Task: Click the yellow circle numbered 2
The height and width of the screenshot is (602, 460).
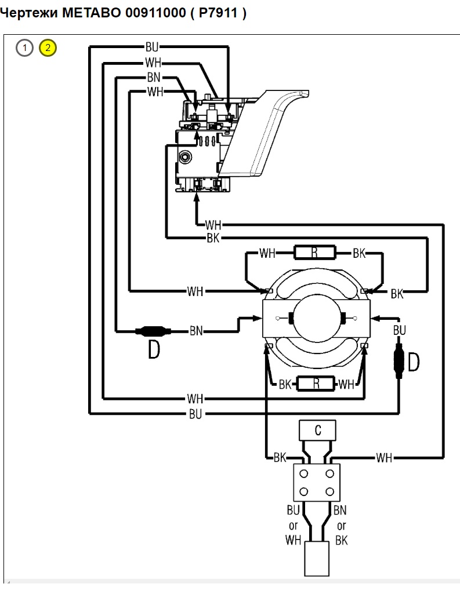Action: pyautogui.click(x=48, y=48)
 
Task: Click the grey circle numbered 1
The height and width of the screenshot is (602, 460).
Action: pyautogui.click(x=24, y=48)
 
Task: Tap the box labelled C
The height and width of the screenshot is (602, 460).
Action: pyautogui.click(x=317, y=430)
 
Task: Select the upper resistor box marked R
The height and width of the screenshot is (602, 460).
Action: pyautogui.click(x=314, y=253)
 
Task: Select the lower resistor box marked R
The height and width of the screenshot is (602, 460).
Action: pyautogui.click(x=316, y=384)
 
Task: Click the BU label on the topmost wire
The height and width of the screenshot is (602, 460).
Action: pyautogui.click(x=152, y=47)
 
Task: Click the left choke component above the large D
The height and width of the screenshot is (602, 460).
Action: pyautogui.click(x=153, y=331)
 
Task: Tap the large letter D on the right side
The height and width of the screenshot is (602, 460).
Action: pyautogui.click(x=413, y=362)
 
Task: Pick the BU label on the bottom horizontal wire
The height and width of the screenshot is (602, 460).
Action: pyautogui.click(x=195, y=414)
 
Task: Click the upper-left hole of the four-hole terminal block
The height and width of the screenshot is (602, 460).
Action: pyautogui.click(x=303, y=474)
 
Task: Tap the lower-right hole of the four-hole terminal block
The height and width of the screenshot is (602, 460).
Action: pyautogui.click(x=329, y=491)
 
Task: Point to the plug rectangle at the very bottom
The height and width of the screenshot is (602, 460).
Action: pyautogui.click(x=317, y=559)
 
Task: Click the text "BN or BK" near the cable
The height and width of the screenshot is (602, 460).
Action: pyautogui.click(x=341, y=525)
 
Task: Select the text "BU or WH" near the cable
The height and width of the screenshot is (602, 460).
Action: pyautogui.click(x=293, y=525)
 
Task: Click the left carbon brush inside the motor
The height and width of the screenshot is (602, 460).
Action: pyautogui.click(x=291, y=318)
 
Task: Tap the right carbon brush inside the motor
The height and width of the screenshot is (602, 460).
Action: pyautogui.click(x=343, y=318)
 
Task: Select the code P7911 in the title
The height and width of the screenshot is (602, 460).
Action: pyautogui.click(x=218, y=13)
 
